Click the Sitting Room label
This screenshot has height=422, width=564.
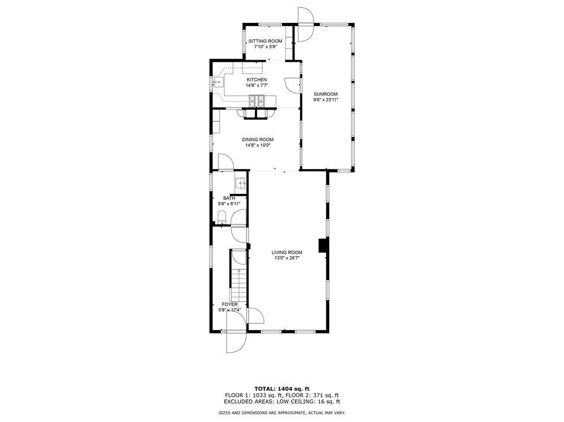click(265, 41)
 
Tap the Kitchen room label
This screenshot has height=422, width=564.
click(257, 80)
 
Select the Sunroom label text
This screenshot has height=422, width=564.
click(325, 94)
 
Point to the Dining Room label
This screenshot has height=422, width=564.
click(258, 140)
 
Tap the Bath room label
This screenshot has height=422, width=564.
click(229, 198)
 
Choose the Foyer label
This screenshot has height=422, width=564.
click(230, 305)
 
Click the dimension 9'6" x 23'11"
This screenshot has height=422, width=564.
click(325, 100)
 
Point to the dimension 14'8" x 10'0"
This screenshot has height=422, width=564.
click(258, 145)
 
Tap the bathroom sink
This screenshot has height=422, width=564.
click(240, 182)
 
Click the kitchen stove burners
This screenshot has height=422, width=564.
click(257, 101)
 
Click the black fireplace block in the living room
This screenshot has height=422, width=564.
click(322, 246)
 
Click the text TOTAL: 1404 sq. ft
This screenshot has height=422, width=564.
click(281, 388)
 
